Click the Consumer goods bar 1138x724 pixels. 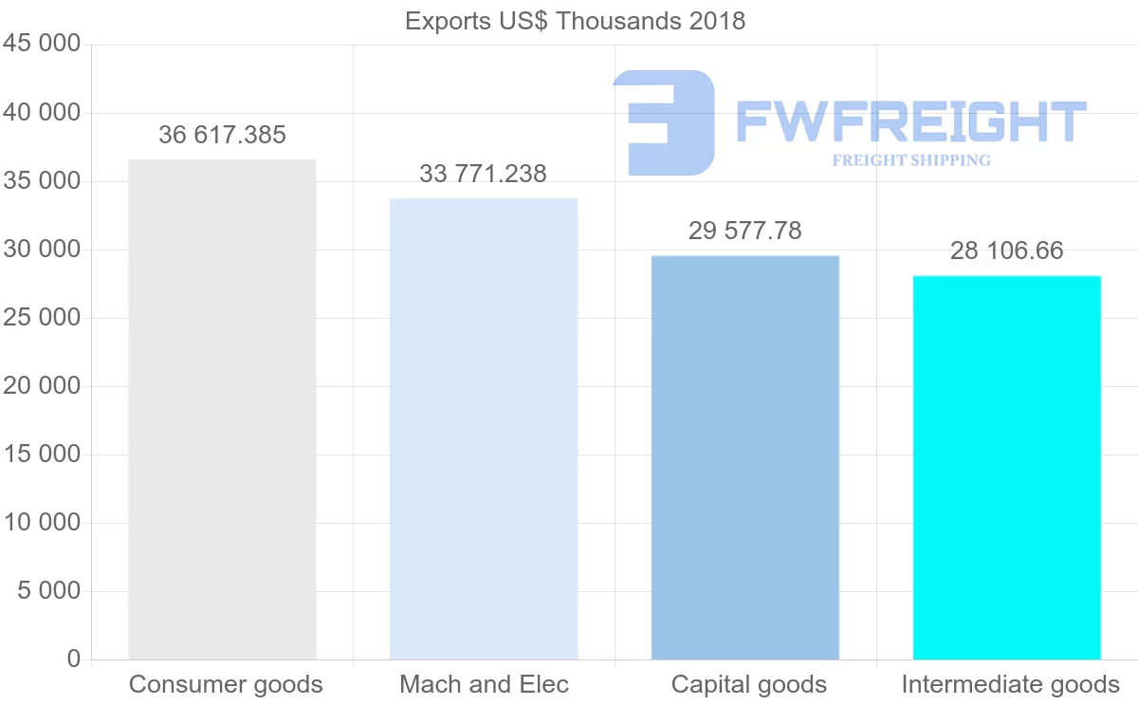(222, 409)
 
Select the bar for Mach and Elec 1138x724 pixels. (484, 429)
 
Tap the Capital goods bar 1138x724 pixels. (745, 457)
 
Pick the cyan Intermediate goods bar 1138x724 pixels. (1006, 467)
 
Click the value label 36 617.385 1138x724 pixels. (222, 136)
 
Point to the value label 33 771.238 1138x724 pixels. (483, 175)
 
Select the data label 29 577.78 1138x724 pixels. (744, 231)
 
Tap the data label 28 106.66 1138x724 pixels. (1006, 251)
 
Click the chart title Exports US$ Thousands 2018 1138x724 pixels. (575, 21)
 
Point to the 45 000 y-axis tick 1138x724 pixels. (41, 45)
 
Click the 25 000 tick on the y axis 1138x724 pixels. (41, 318)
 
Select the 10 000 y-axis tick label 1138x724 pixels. (41, 523)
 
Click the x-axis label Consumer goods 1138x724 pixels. (226, 685)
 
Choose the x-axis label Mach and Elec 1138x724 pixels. (484, 685)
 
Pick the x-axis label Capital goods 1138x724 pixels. (748, 685)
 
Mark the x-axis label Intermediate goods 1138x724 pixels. (1010, 685)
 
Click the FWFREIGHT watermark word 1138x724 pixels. (910, 123)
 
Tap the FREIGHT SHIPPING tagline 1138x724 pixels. (910, 160)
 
